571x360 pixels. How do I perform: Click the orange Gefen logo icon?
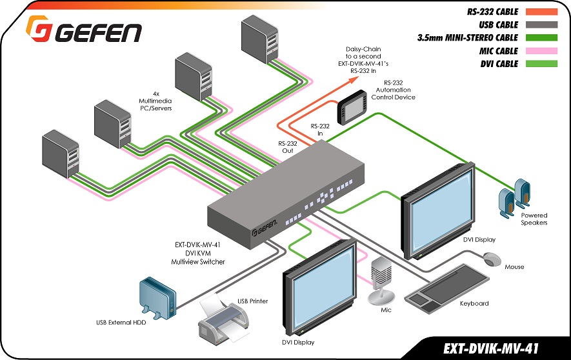[38, 28]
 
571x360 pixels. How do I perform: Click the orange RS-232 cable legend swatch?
[541, 12]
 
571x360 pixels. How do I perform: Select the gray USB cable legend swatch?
[541, 25]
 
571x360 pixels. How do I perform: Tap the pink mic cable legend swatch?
[541, 50]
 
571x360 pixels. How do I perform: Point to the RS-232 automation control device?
[352, 107]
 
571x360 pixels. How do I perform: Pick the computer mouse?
[492, 259]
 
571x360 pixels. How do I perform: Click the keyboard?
[447, 288]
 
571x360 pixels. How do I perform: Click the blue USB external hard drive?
[158, 298]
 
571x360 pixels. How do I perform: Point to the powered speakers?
[514, 198]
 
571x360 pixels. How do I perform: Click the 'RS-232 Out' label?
[288, 147]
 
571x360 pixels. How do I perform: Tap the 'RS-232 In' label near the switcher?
[320, 130]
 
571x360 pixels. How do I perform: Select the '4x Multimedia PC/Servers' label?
[156, 101]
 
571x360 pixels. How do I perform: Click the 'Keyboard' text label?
[474, 303]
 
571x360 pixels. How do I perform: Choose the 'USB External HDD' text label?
[121, 322]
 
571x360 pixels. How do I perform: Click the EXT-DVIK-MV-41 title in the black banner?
[491, 348]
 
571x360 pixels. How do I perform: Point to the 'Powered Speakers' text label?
[534, 219]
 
